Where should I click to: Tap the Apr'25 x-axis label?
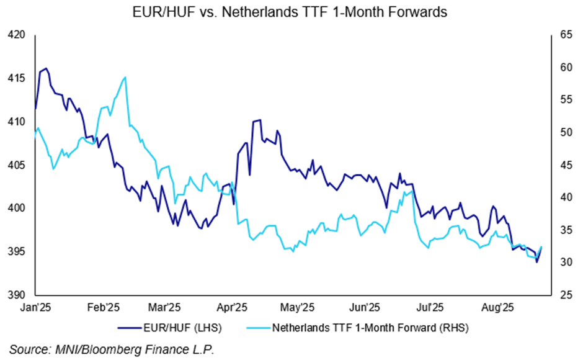pos(233,307)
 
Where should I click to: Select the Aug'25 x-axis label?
pos(497,307)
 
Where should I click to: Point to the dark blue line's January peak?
pos(47,68)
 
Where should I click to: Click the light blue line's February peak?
pos(125,78)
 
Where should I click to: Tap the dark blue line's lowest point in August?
pos(536,262)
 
